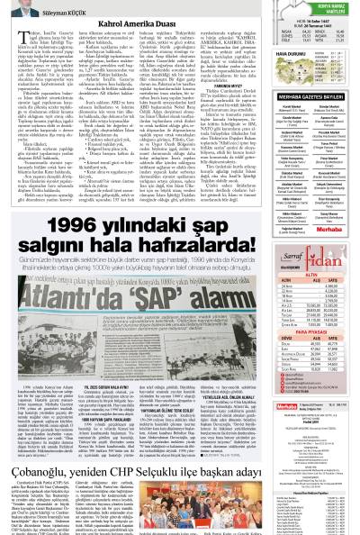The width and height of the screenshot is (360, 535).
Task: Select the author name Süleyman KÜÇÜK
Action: (53, 15)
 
